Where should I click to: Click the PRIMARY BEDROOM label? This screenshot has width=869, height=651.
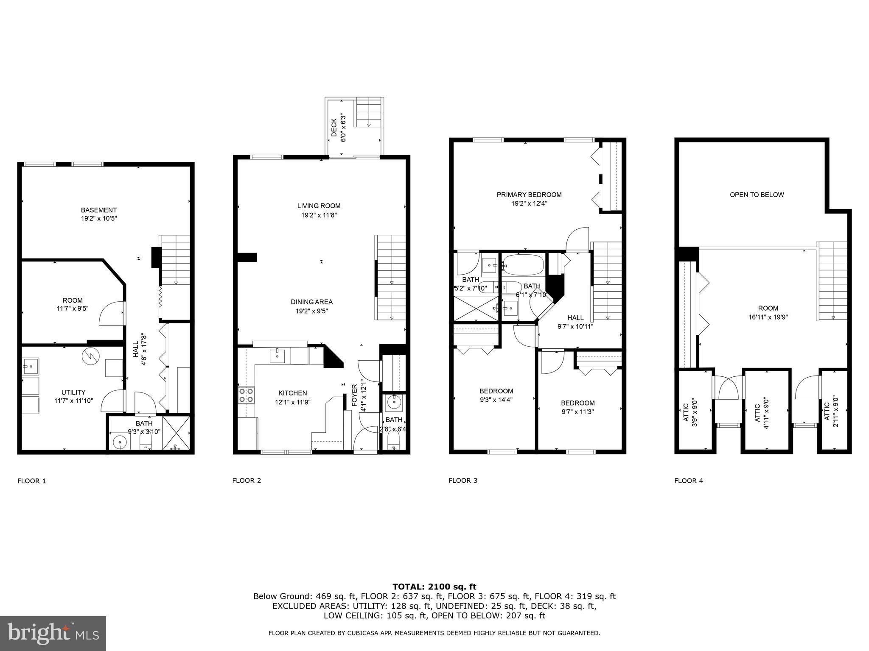click(529, 195)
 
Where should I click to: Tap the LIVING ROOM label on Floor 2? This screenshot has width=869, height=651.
click(319, 206)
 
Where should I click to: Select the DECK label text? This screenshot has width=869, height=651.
click(334, 128)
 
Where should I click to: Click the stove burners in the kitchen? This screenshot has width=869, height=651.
click(246, 395)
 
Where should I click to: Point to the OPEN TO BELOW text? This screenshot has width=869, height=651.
click(757, 195)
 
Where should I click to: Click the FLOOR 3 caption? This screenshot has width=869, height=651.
click(463, 481)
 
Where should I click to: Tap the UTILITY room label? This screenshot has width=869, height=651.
click(73, 392)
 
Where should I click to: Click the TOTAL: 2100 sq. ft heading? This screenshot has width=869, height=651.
click(434, 587)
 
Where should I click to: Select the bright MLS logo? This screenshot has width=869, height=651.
click(53, 633)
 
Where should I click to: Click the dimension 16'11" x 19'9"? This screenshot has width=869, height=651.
click(768, 317)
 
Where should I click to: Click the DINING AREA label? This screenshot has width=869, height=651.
click(311, 302)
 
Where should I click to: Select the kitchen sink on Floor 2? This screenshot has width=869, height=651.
click(277, 356)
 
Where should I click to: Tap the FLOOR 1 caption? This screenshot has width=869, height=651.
click(31, 481)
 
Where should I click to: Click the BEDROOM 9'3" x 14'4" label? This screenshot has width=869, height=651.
click(496, 391)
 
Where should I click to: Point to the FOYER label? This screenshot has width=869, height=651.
click(355, 395)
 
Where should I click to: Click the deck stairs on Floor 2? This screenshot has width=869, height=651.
click(368, 112)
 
